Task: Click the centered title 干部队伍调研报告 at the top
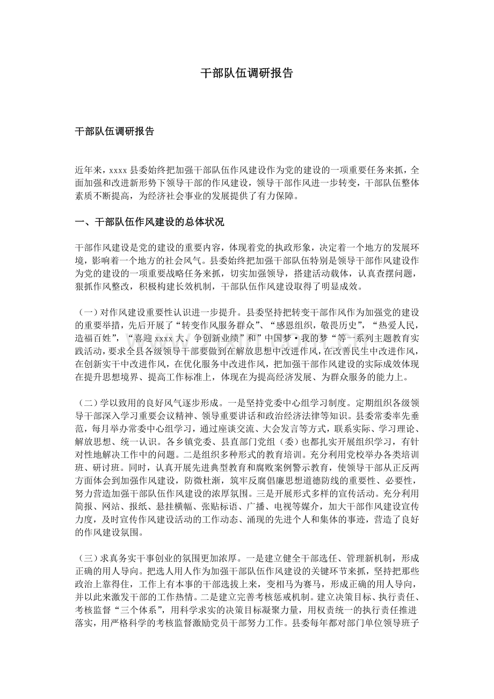tap(247, 74)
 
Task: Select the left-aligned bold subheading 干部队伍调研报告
tap(114, 132)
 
